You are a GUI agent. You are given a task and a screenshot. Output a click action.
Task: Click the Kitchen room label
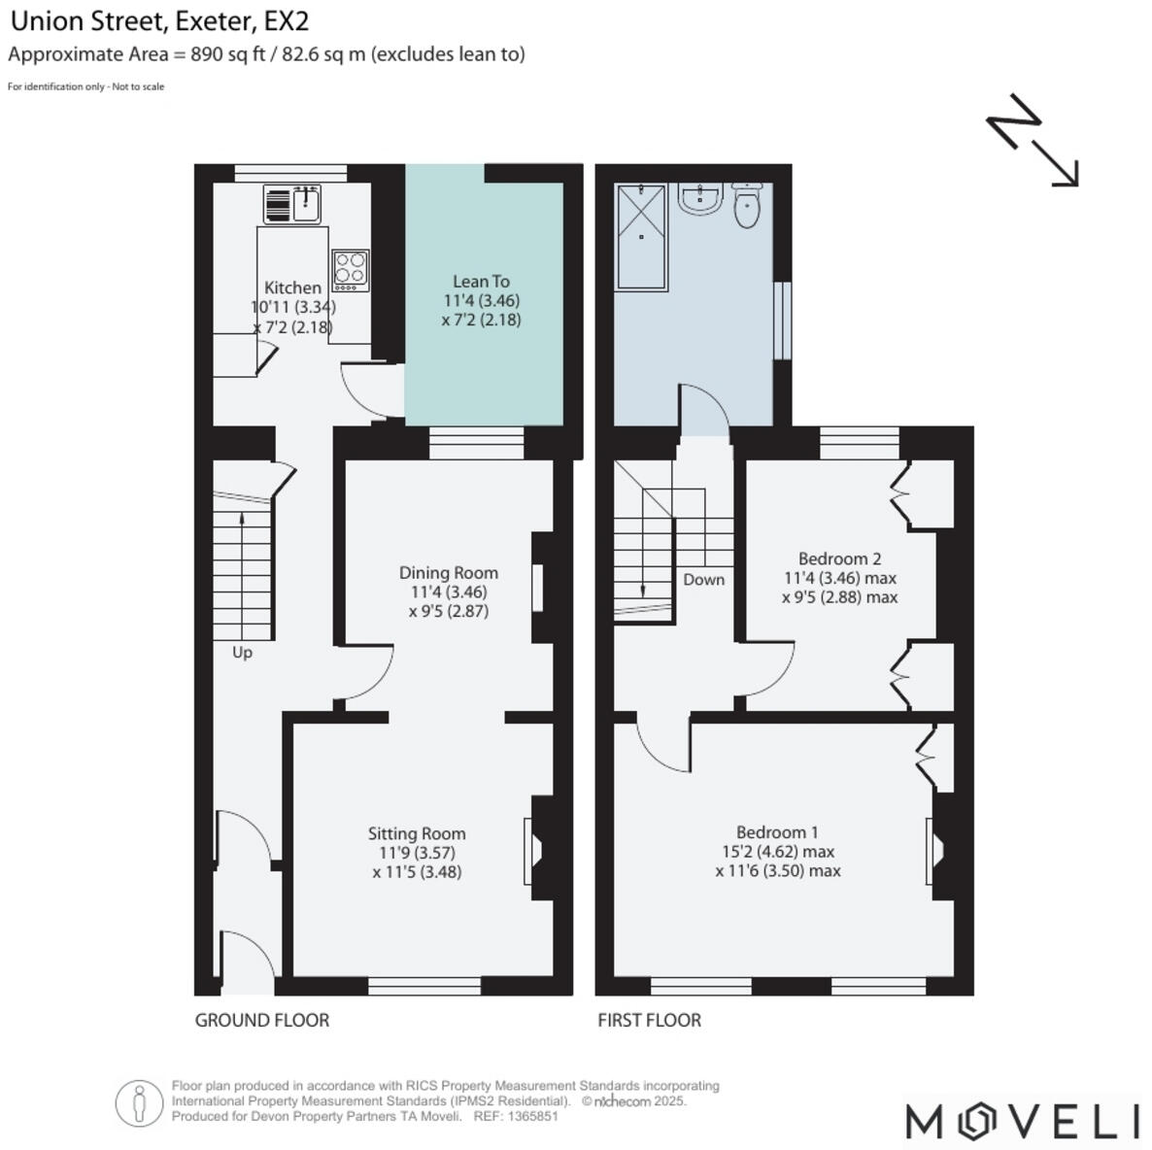click(x=292, y=288)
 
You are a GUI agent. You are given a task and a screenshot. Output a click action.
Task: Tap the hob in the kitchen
click(x=351, y=271)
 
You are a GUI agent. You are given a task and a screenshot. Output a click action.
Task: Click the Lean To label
click(x=481, y=282)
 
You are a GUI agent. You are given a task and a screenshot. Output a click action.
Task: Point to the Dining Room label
click(x=448, y=573)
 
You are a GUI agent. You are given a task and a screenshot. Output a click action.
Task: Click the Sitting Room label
click(x=417, y=833)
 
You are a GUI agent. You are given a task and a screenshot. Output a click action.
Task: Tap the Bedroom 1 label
click(x=777, y=832)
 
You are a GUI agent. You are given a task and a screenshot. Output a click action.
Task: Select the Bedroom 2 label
click(x=839, y=558)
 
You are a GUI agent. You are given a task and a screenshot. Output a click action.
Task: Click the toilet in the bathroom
click(x=746, y=205)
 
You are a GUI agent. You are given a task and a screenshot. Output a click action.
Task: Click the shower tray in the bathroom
click(x=642, y=236)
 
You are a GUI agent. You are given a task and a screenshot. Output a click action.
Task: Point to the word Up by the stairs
click(x=242, y=653)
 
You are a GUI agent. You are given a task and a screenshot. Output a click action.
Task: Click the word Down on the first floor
click(x=703, y=580)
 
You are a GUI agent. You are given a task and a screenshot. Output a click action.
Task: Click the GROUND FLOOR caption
click(x=262, y=1020)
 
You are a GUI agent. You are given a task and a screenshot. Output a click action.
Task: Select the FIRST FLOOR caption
click(x=649, y=1020)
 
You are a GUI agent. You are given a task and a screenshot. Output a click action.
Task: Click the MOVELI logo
click(x=1022, y=1121)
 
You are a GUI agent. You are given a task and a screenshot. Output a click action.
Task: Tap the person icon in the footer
click(x=139, y=1103)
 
